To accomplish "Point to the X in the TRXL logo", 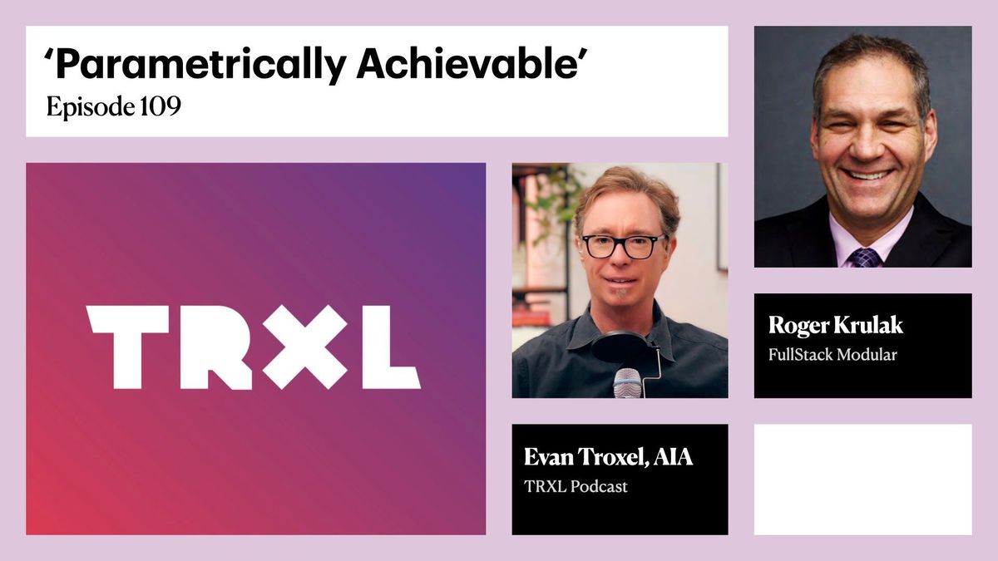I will [305, 346].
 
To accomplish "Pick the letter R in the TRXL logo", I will [215, 346].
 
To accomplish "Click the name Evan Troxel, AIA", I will [608, 457].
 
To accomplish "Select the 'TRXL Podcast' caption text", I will [576, 487].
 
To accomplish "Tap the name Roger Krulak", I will [835, 326].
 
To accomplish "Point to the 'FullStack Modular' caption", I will [832, 355].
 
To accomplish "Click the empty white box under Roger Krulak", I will [862, 479].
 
